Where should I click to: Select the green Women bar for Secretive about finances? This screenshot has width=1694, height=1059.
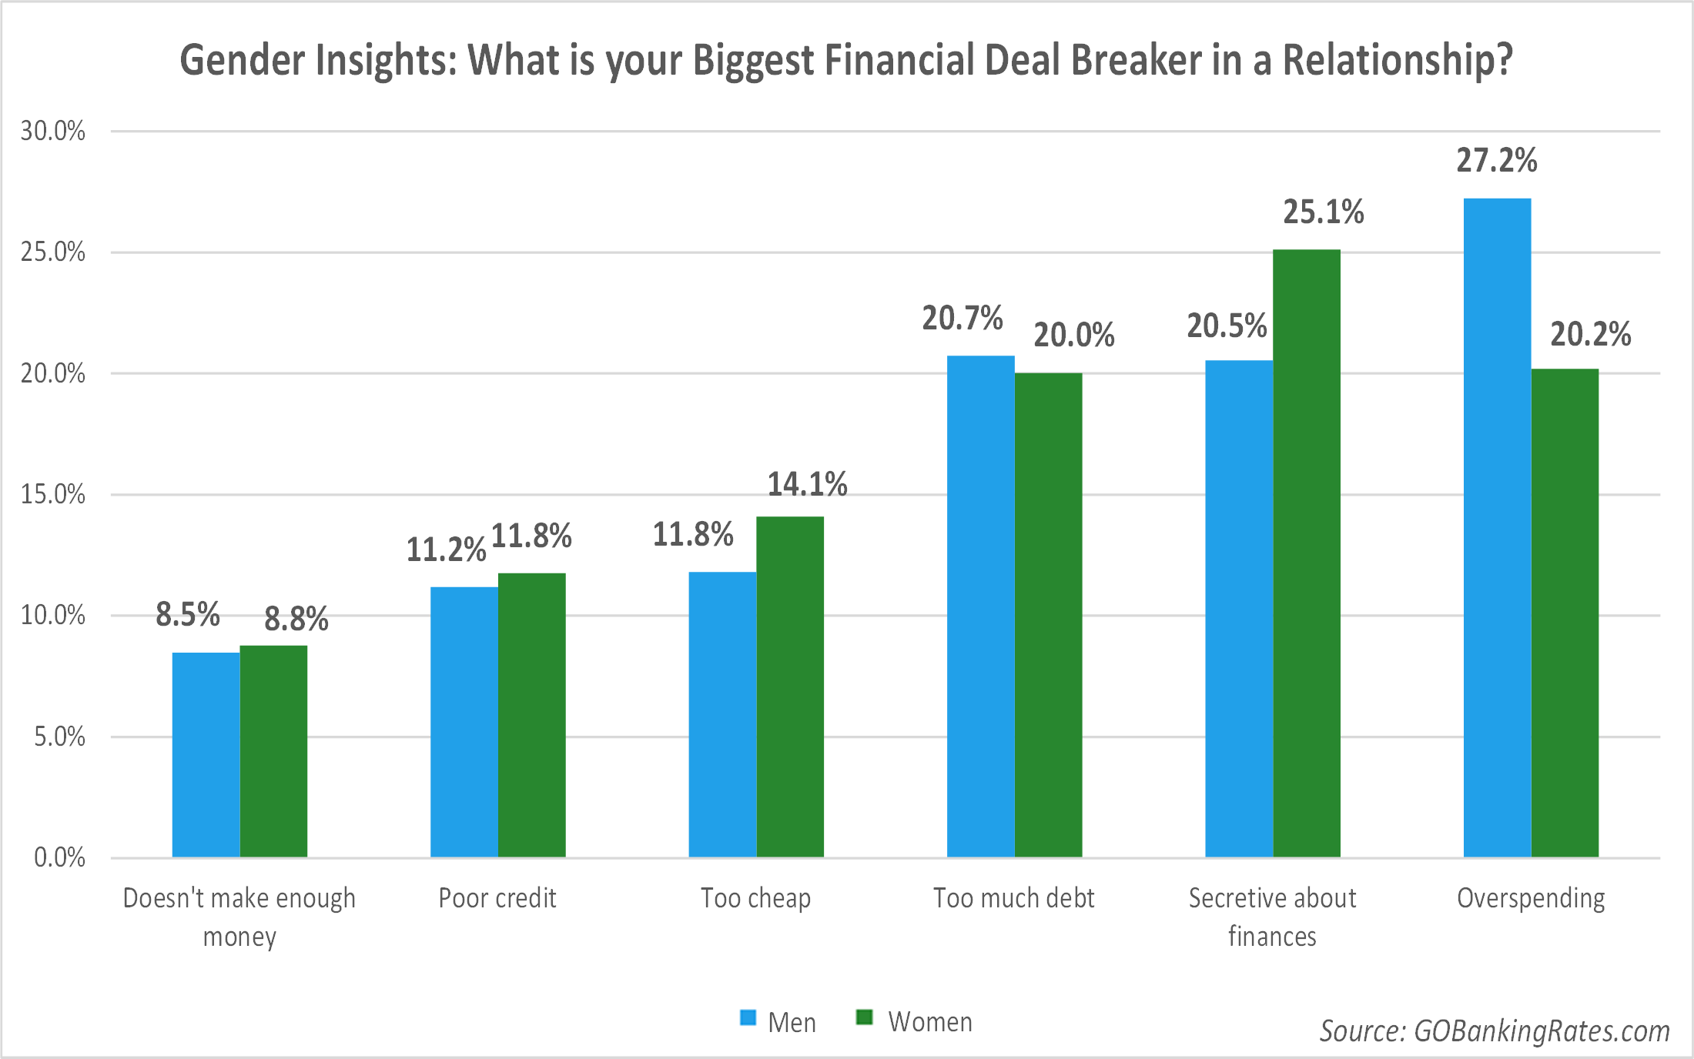tap(1307, 553)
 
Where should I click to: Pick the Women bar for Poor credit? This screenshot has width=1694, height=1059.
tap(531, 715)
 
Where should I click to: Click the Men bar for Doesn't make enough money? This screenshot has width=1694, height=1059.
tap(206, 755)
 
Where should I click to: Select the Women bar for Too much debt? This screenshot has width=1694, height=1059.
tap(1048, 615)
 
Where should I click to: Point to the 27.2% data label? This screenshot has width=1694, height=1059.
tap(1496, 161)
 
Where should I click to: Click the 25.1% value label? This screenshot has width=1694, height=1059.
tap(1323, 212)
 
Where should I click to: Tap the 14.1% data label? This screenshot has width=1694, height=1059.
tap(807, 484)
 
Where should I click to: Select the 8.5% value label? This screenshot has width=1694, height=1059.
tap(187, 615)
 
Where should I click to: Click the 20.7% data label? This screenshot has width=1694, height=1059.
tap(962, 319)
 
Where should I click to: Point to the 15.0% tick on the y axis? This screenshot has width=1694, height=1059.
tap(52, 494)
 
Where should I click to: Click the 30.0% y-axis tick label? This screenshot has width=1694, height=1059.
tap(52, 131)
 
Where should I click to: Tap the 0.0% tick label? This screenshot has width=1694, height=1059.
tap(59, 857)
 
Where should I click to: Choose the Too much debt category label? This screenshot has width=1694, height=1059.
tap(1013, 898)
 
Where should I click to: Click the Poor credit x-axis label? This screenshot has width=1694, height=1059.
tap(497, 898)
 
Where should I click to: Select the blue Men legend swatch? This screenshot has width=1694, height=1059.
tap(748, 1017)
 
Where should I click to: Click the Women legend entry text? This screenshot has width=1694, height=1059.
tap(930, 1022)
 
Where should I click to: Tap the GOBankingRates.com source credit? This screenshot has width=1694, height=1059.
tap(1495, 1031)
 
